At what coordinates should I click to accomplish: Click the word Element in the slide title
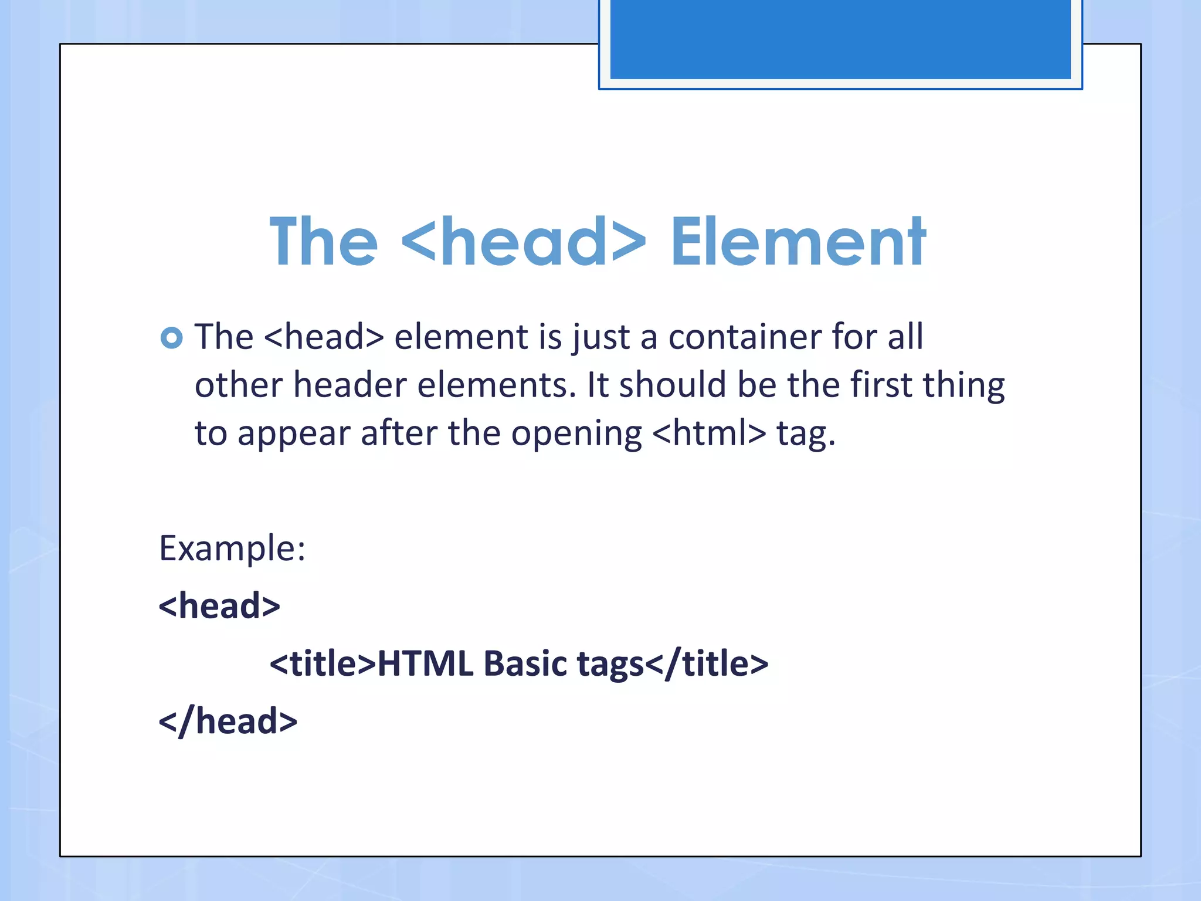pos(798,242)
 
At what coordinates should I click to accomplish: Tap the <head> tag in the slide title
pos(524,242)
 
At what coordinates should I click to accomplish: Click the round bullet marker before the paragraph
pos(171,338)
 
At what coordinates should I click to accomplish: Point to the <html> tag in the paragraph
pos(709,433)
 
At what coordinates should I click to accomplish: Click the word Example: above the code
pos(232,548)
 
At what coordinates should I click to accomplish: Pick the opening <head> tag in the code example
pos(219,606)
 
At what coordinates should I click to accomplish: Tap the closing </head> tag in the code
pos(228,721)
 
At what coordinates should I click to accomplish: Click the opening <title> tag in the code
pos(323,663)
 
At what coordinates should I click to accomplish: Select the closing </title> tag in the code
pos(707,663)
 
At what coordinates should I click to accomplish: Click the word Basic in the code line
pos(525,663)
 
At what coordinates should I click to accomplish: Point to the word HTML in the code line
pos(425,663)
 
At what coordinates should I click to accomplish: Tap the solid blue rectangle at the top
pos(840,39)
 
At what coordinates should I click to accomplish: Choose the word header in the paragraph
pos(350,385)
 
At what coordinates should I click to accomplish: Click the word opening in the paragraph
pos(576,435)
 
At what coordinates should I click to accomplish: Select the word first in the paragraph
pos(881,385)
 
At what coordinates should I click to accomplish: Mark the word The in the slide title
pos(324,242)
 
